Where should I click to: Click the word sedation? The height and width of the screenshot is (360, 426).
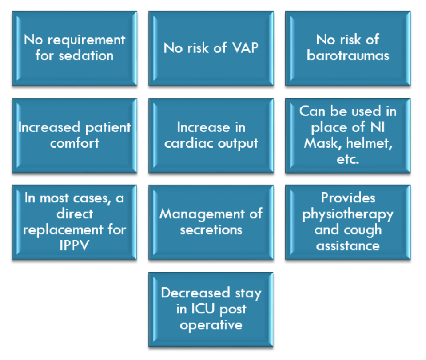[x=86, y=56]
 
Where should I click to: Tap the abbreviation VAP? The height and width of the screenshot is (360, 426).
[x=245, y=48]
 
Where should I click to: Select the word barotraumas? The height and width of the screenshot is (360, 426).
[x=348, y=55]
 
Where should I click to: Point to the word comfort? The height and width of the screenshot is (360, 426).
[x=75, y=143]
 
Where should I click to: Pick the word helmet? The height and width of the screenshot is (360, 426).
[x=369, y=143]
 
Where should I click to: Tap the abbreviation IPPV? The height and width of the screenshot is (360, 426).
[x=74, y=245]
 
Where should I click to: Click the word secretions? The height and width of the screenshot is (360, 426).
[x=211, y=230]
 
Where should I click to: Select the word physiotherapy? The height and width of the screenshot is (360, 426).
[x=348, y=215]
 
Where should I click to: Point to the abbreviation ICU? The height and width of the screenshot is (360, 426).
[x=203, y=309]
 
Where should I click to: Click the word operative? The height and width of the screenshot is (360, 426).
[x=211, y=325]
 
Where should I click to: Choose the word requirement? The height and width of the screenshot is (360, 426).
[x=86, y=40]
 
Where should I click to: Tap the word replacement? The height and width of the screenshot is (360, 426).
[x=63, y=230]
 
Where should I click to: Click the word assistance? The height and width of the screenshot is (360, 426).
[x=348, y=246]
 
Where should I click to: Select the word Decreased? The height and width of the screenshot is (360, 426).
[x=195, y=293]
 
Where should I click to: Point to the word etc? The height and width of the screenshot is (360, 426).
[x=348, y=159]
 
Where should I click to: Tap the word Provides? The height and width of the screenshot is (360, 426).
[x=348, y=198]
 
